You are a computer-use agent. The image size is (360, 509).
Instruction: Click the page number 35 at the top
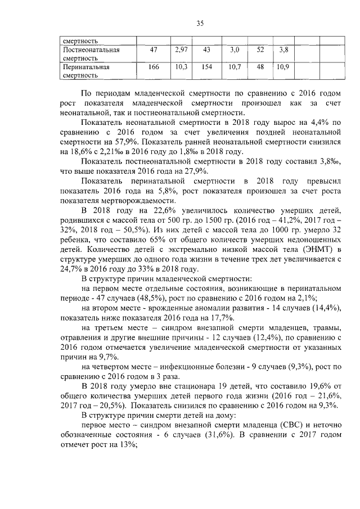click(200, 23)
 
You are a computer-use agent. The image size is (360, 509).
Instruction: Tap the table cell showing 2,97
click(181, 50)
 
